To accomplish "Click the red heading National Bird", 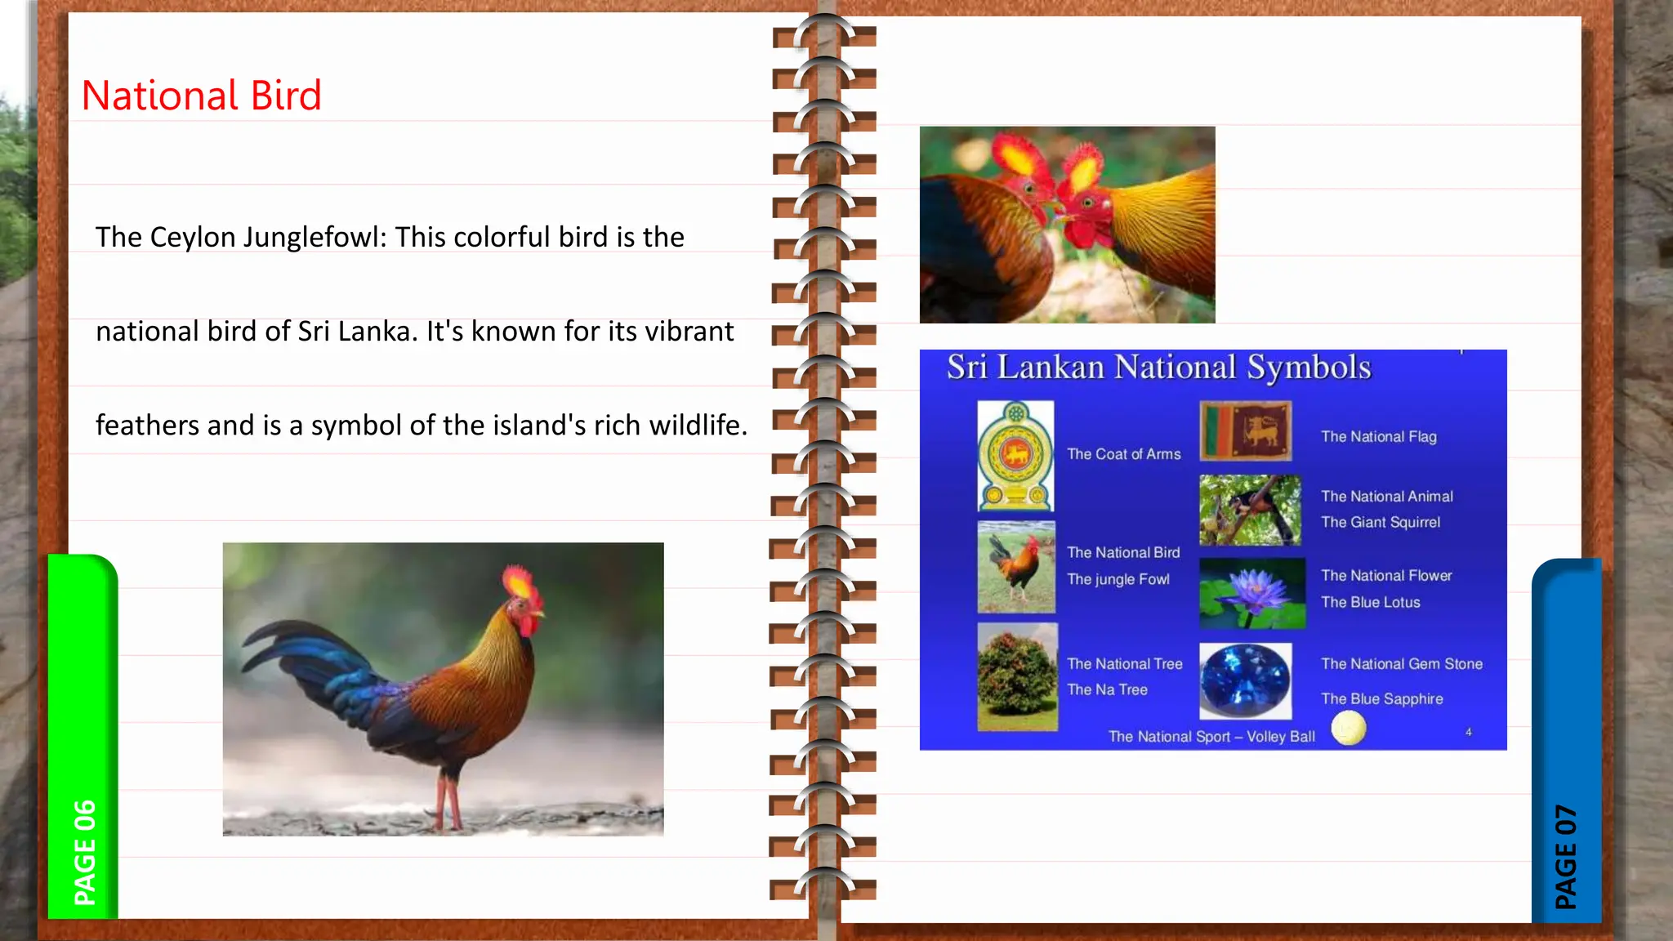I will tap(201, 96).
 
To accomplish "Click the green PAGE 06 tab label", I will tap(84, 852).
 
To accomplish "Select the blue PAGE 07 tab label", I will tap(1565, 856).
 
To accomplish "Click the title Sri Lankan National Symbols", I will tap(1158, 368).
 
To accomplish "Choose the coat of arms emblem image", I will tap(1015, 456).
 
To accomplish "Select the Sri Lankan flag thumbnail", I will tap(1245, 430).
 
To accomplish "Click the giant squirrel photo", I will tap(1250, 510).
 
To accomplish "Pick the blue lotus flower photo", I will tap(1251, 593).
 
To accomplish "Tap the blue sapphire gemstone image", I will tap(1245, 680).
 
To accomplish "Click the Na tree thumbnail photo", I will tap(1017, 676).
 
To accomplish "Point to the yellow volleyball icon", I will tap(1348, 728).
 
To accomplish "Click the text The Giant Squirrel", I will tap(1381, 522).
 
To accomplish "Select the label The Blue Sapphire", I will tap(1382, 699).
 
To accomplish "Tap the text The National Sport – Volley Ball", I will tap(1211, 737).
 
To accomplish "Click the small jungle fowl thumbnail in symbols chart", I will tap(1016, 567).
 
